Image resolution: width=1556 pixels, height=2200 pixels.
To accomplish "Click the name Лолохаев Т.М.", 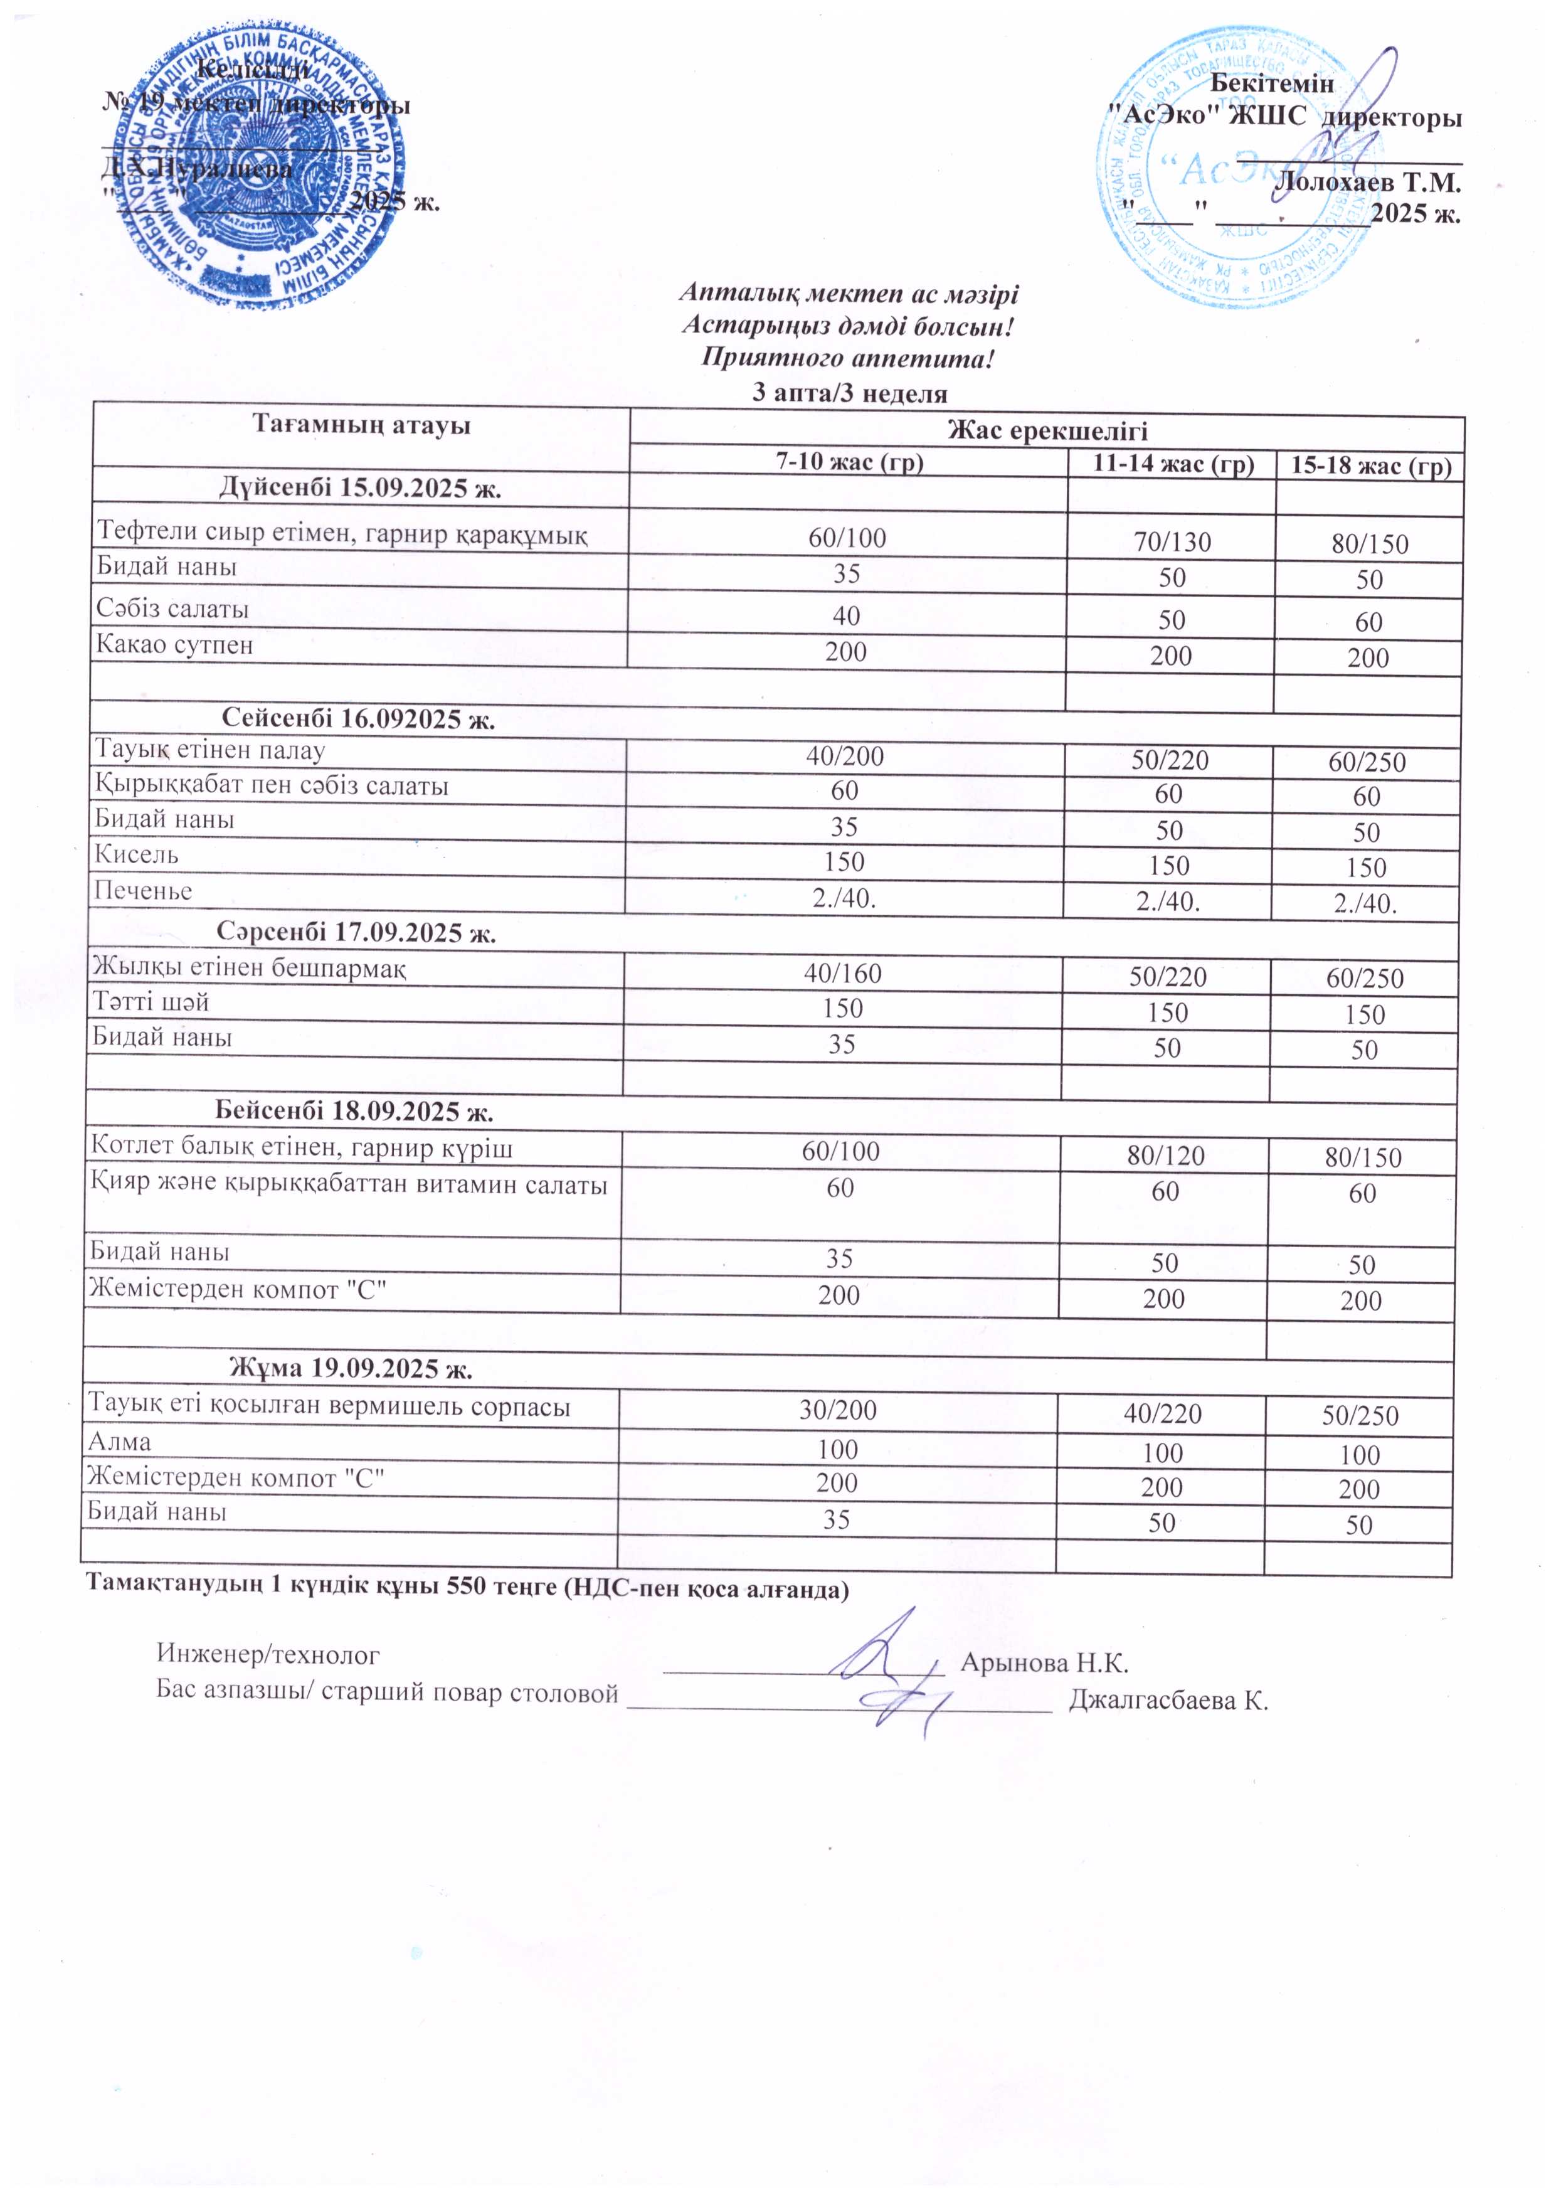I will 1368,181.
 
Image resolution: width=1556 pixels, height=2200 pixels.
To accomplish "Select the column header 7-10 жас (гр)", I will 849,463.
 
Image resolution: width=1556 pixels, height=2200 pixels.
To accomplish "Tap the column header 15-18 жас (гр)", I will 1371,467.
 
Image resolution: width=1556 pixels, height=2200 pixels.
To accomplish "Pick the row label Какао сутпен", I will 174,645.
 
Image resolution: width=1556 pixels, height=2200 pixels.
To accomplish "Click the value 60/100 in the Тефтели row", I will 847,538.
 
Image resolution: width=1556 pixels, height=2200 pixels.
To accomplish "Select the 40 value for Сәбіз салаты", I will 846,615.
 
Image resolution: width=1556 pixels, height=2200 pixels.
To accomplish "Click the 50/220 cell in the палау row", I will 1170,761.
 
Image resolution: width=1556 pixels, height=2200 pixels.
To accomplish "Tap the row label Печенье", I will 143,891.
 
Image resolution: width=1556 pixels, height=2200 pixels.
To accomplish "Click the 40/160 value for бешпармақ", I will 843,974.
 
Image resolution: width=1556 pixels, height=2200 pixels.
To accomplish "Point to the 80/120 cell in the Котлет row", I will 1166,1156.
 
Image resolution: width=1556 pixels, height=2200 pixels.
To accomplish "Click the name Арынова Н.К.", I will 1044,1662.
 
